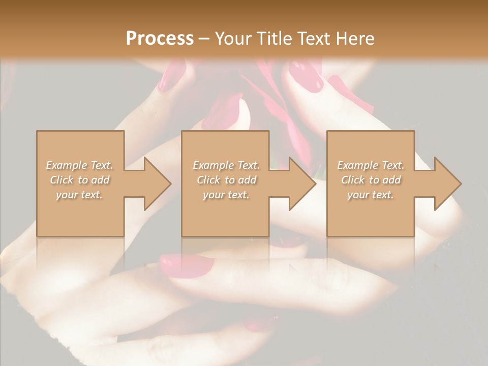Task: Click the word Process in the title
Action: click(160, 39)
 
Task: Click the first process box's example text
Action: click(79, 180)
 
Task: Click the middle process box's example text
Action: click(226, 180)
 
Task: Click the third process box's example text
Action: click(371, 180)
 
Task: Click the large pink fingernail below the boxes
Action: click(187, 265)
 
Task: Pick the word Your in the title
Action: click(231, 39)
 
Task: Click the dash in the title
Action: click(204, 39)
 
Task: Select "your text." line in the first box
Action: click(79, 195)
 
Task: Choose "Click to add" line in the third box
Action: click(371, 180)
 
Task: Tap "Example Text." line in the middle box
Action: click(226, 165)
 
